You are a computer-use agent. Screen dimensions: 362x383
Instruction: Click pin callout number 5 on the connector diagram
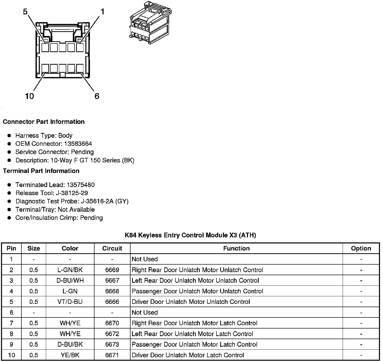(x=25, y=12)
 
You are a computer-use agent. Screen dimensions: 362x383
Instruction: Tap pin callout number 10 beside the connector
(x=29, y=96)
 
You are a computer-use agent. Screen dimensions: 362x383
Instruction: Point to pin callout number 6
(x=97, y=96)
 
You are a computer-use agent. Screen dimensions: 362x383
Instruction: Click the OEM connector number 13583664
(x=78, y=144)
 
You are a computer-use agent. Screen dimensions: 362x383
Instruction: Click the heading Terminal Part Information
(x=41, y=171)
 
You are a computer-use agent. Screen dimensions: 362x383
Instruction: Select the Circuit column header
(x=112, y=248)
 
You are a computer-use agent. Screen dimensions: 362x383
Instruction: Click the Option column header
(x=361, y=248)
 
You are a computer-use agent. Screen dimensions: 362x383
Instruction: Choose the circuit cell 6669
(x=112, y=270)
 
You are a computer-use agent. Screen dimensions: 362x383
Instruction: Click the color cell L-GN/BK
(x=70, y=270)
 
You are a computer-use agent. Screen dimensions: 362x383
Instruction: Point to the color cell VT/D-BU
(x=70, y=302)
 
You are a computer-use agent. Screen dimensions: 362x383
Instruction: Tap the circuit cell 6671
(x=112, y=355)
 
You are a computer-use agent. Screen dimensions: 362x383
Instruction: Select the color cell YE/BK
(x=70, y=355)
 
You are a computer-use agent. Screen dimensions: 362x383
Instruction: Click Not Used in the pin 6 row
(x=145, y=312)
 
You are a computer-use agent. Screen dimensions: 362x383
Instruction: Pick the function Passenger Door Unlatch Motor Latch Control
(x=195, y=344)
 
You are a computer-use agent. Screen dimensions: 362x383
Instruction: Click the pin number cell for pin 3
(x=11, y=280)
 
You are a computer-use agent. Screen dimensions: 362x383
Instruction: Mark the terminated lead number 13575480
(x=81, y=185)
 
